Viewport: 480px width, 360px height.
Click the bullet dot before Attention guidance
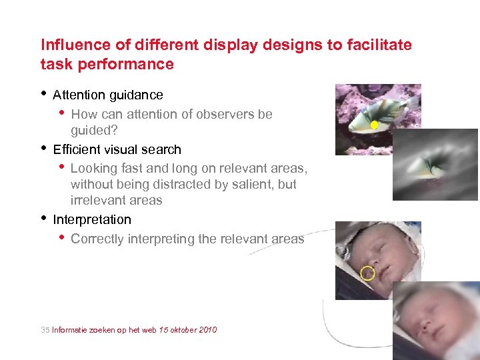pos(44,93)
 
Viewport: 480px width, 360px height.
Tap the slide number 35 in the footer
pos(45,330)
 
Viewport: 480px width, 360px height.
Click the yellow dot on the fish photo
pos(374,125)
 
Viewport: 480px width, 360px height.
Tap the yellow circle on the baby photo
pos(367,273)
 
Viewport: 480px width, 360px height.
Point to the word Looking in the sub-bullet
pos(93,169)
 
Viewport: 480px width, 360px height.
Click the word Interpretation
pos(92,219)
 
